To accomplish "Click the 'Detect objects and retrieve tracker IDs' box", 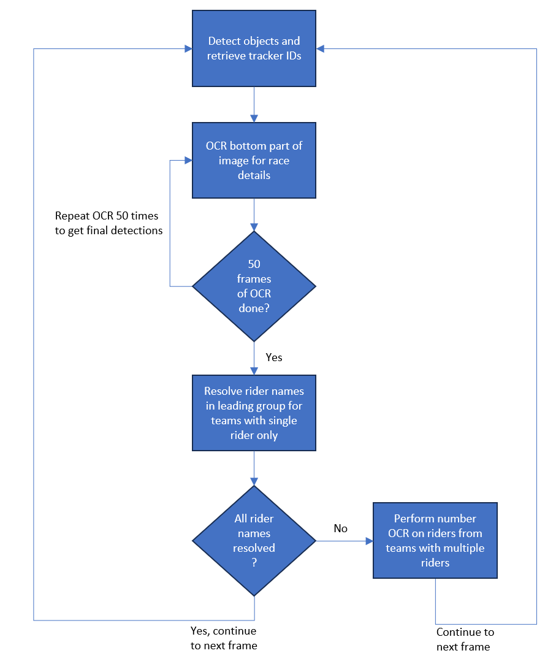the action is pos(254,48).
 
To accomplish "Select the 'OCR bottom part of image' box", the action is pos(254,160).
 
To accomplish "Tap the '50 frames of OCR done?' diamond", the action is pos(254,286).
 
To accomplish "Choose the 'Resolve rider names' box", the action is pos(254,413).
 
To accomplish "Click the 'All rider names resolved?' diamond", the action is pos(254,541).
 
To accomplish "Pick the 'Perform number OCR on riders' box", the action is pos(435,540).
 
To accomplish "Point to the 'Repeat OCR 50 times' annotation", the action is pos(109,223).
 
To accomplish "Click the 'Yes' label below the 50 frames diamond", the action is pos(274,357).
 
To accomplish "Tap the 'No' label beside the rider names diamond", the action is pos(340,529).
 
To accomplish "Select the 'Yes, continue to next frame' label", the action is pos(224,638).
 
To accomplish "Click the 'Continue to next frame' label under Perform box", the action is pos(465,639).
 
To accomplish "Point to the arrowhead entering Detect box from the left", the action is pos(188,48).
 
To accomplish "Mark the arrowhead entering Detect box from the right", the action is pos(320,48).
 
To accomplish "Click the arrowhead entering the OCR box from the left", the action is pos(188,161).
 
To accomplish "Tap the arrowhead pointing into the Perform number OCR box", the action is pos(369,541).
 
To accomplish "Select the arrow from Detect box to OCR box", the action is pos(254,105).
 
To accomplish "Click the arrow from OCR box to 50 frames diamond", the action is pos(254,215).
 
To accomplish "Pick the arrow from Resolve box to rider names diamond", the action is pos(254,468).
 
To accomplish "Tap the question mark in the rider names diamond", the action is pos(254,563).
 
